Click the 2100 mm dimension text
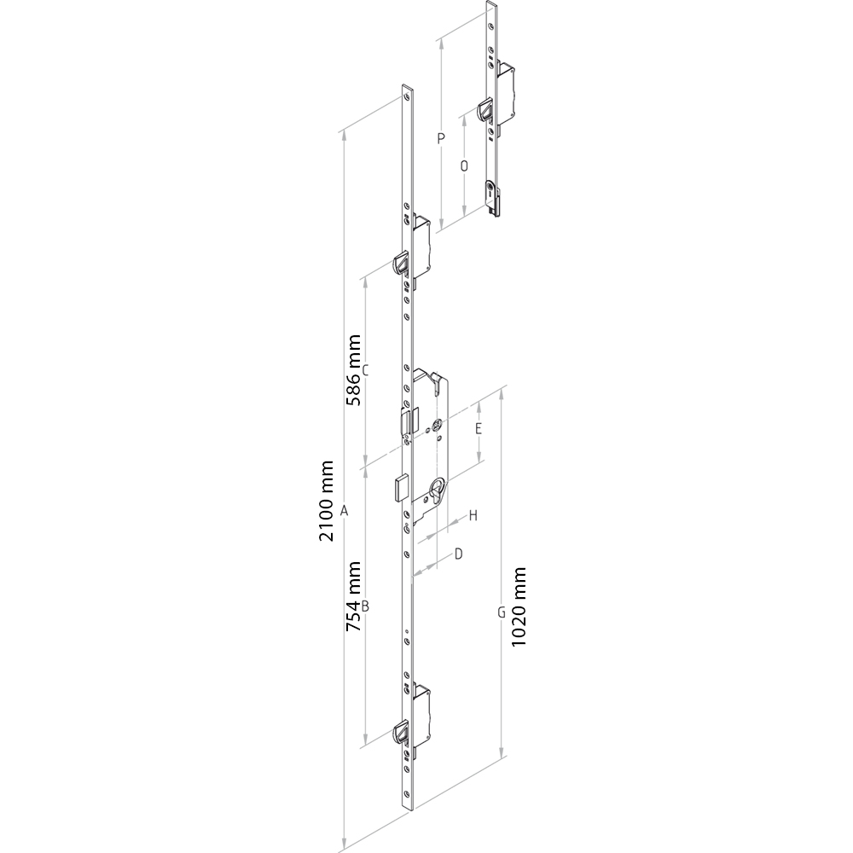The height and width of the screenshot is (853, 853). pyautogui.click(x=326, y=501)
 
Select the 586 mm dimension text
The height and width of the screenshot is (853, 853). pyautogui.click(x=354, y=370)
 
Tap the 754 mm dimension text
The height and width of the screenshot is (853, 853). pyautogui.click(x=354, y=596)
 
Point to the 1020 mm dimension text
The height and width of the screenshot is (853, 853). pyautogui.click(x=519, y=606)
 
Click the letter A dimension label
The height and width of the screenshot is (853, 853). pyautogui.click(x=344, y=511)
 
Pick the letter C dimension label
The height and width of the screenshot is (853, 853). pyautogui.click(x=366, y=370)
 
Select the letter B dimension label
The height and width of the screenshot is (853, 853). pyautogui.click(x=366, y=606)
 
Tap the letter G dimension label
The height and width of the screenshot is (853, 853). pyautogui.click(x=502, y=613)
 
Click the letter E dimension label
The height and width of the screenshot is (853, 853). pyautogui.click(x=479, y=429)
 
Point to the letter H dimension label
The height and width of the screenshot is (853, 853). pyautogui.click(x=473, y=516)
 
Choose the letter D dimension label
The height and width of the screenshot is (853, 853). pyautogui.click(x=459, y=554)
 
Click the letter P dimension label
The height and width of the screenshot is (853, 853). pyautogui.click(x=441, y=139)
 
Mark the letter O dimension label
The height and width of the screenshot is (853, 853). pyautogui.click(x=464, y=166)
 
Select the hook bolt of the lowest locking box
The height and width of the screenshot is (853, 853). pyautogui.click(x=401, y=733)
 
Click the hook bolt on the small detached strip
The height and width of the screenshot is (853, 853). pyautogui.click(x=485, y=109)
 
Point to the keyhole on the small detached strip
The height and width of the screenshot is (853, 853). pyautogui.click(x=491, y=190)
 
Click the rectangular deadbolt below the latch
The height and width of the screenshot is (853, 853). pyautogui.click(x=402, y=487)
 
